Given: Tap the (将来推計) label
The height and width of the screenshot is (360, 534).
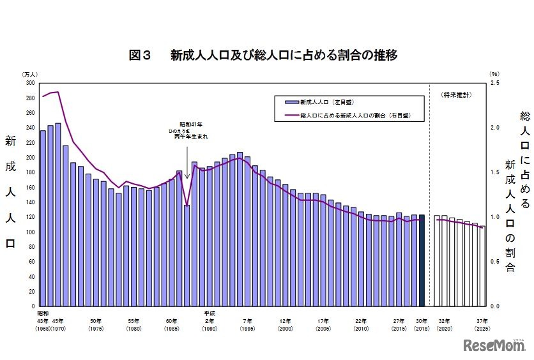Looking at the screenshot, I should click(456, 94).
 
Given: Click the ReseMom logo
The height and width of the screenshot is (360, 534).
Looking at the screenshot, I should click(494, 345).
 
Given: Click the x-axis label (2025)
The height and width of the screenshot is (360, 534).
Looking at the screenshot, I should click(482, 328).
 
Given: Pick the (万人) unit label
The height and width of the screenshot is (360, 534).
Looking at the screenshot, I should click(30, 75).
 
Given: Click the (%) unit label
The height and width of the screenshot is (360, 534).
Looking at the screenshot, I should click(493, 75).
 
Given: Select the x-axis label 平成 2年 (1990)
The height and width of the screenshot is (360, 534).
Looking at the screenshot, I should click(210, 321).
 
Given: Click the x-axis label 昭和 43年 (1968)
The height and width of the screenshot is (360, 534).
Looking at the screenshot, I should click(43, 321).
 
